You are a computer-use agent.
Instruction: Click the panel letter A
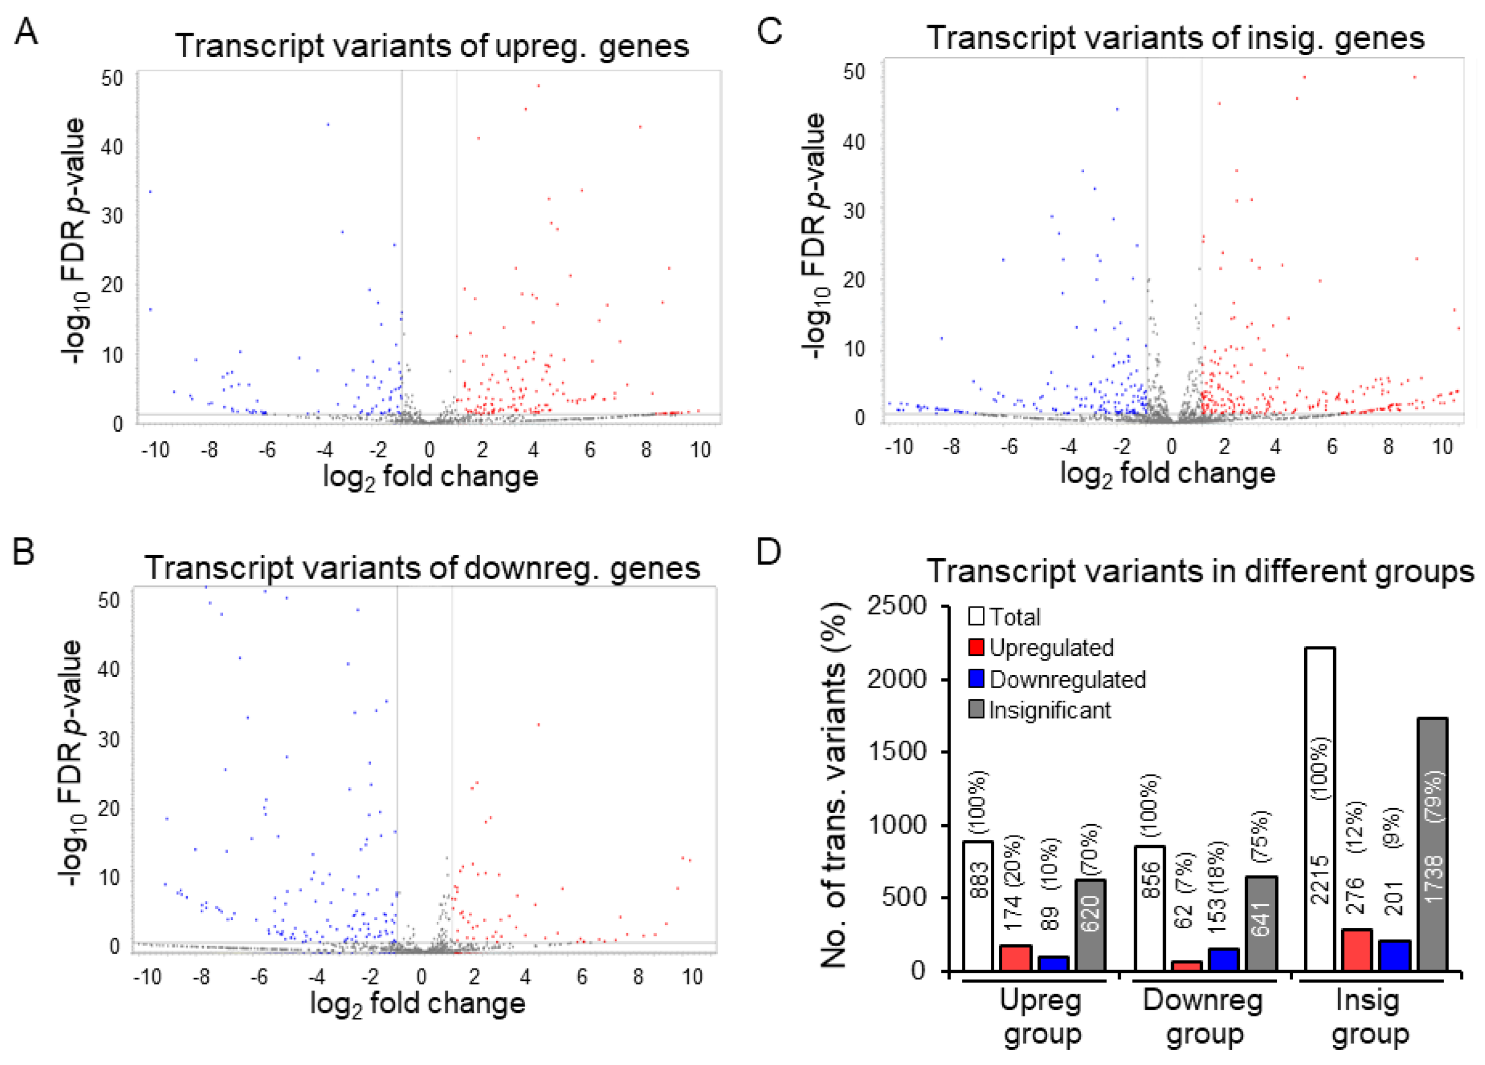click(26, 32)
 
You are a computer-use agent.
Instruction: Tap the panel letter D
click(769, 552)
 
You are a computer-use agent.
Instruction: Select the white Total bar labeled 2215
click(1320, 809)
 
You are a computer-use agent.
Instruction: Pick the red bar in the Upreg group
click(1016, 958)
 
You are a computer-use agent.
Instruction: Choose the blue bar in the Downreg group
click(1223, 959)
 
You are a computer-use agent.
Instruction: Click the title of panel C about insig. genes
click(1175, 38)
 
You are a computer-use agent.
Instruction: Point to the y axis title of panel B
click(71, 763)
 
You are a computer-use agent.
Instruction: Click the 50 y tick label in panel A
click(112, 78)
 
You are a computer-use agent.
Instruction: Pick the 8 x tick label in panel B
click(638, 977)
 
